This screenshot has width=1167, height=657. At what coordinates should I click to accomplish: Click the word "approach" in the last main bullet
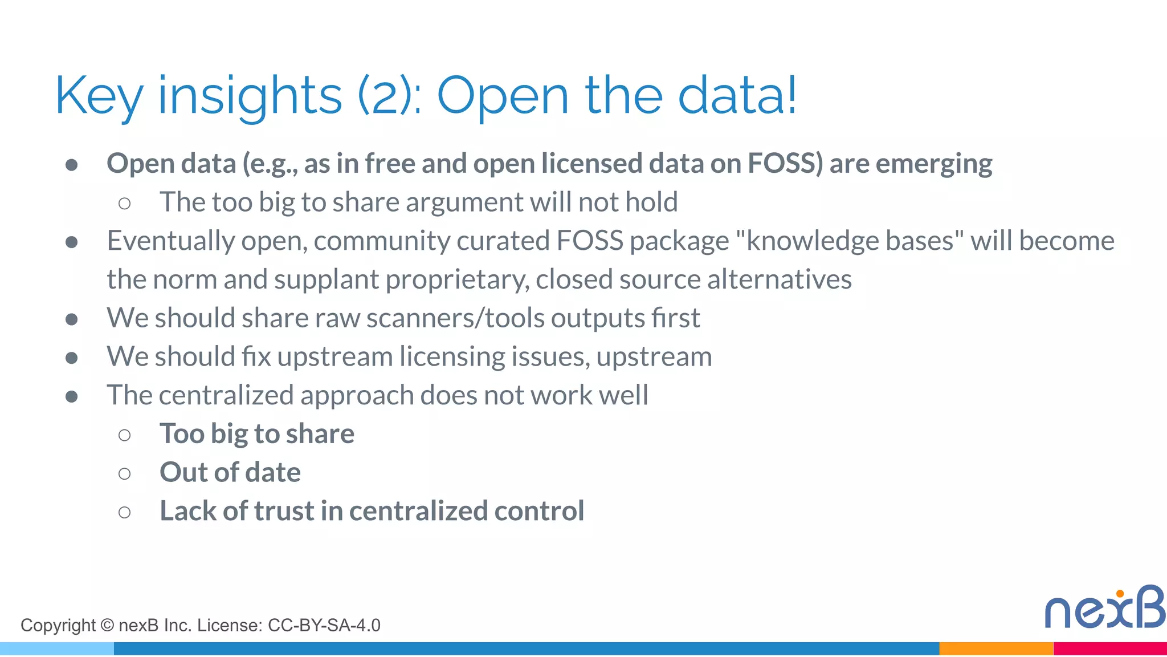click(357, 396)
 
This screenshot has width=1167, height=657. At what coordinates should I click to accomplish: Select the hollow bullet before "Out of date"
click(124, 473)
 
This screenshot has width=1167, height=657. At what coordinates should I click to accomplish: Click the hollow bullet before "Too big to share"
click(124, 435)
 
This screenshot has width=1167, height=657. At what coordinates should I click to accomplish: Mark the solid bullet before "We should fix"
click(72, 358)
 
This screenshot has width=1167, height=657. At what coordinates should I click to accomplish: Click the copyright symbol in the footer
click(107, 626)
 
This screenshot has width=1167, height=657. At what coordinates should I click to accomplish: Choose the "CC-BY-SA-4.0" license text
click(324, 626)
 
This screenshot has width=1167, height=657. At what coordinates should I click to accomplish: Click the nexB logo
click(1104, 607)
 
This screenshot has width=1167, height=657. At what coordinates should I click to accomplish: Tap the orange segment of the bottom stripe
click(996, 649)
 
